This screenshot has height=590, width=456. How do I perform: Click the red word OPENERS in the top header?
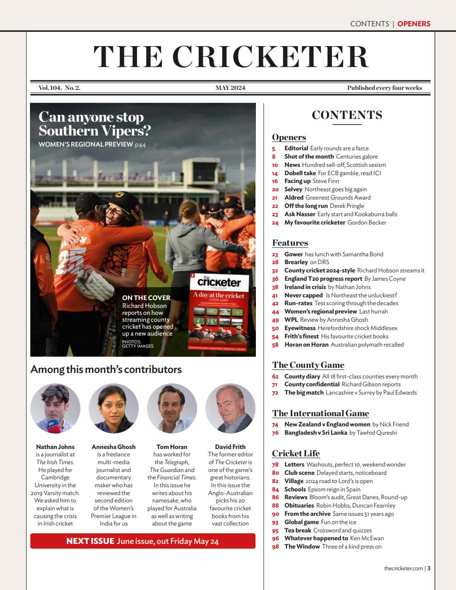pyautogui.click(x=414, y=24)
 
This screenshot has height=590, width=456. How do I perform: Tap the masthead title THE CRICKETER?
pyautogui.click(x=231, y=57)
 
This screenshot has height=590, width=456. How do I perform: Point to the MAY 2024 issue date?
pyautogui.click(x=230, y=88)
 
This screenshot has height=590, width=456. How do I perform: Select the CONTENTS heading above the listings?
pyautogui.click(x=347, y=115)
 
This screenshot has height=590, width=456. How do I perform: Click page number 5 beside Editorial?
pyautogui.click(x=273, y=148)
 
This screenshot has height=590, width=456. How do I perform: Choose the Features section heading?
pyautogui.click(x=290, y=243)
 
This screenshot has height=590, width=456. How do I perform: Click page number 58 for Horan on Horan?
pyautogui.click(x=275, y=345)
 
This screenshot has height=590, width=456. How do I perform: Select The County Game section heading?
pyautogui.click(x=308, y=365)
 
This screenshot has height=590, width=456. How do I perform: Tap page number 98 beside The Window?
pyautogui.click(x=275, y=547)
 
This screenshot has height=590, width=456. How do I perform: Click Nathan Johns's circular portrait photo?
pyautogui.click(x=55, y=409)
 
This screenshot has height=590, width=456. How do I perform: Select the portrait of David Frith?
pyautogui.click(x=230, y=409)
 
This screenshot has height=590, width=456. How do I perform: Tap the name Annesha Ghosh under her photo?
pyautogui.click(x=113, y=447)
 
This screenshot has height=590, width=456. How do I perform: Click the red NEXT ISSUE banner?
pyautogui.click(x=143, y=541)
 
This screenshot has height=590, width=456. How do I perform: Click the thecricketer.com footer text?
pyautogui.click(x=403, y=568)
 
